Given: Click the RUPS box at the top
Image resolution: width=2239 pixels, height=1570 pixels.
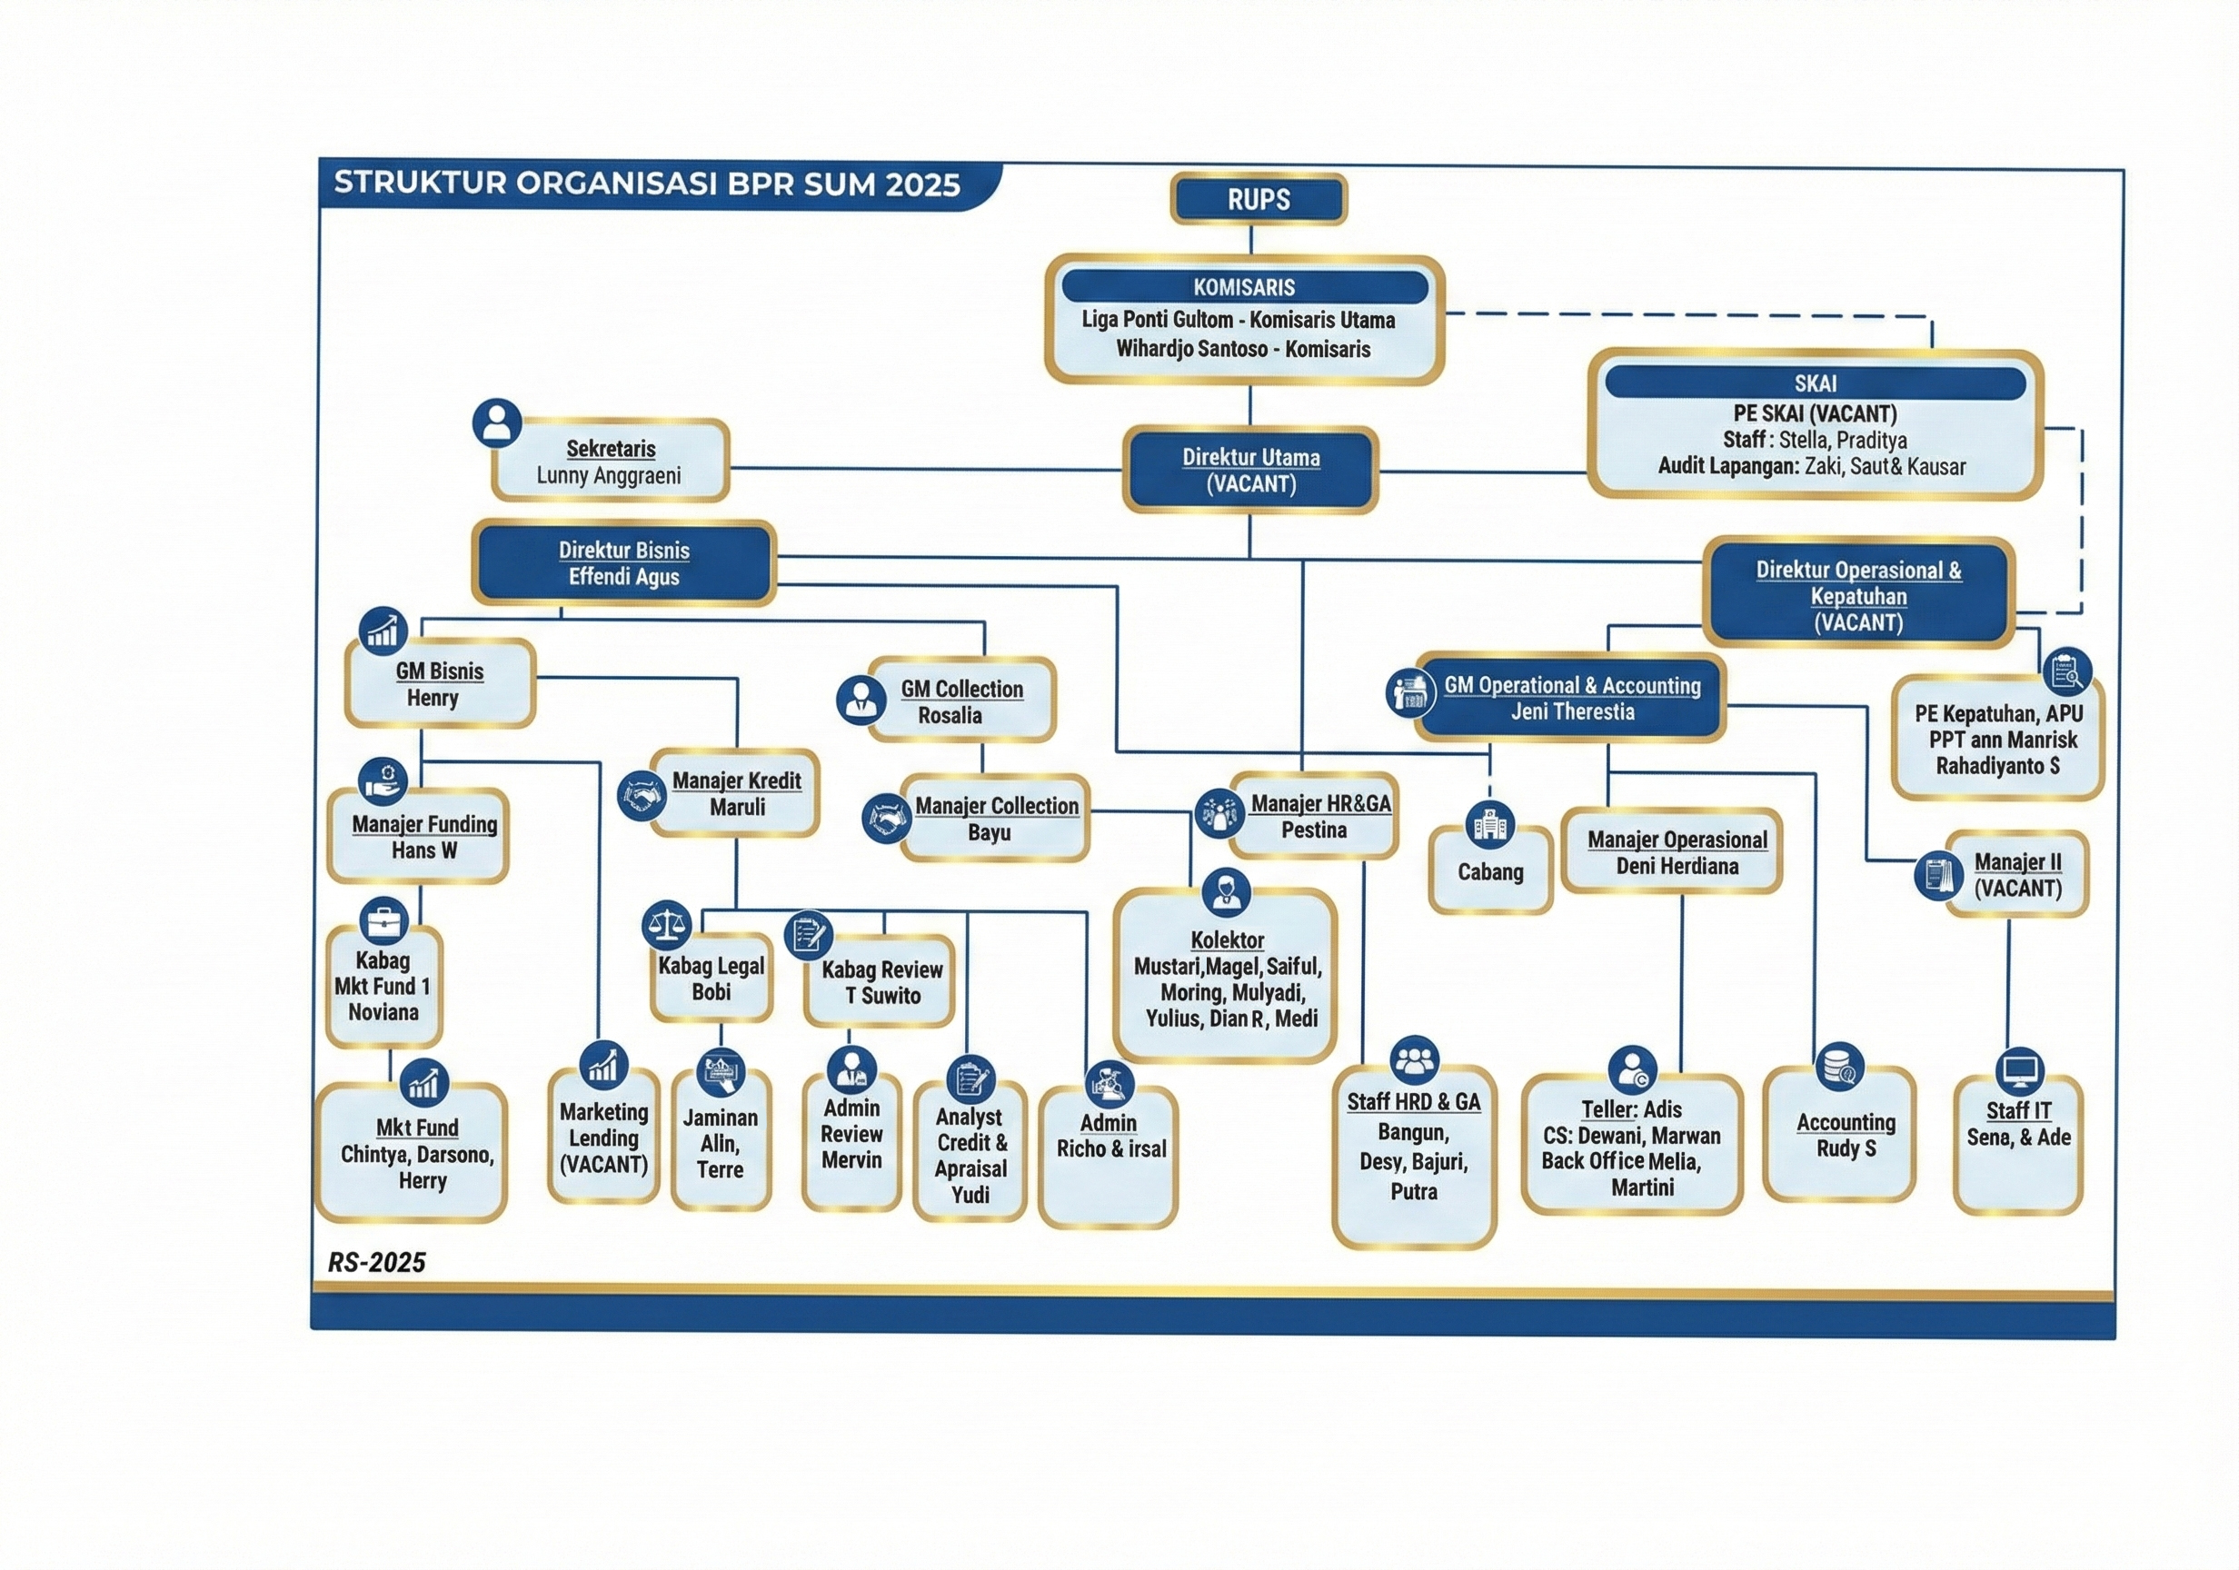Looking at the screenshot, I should pyautogui.click(x=1258, y=200).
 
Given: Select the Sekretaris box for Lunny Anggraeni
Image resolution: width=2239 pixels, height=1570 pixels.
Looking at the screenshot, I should pyautogui.click(x=612, y=462).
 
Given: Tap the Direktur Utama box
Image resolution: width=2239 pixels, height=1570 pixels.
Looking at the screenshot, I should pyautogui.click(x=1251, y=470).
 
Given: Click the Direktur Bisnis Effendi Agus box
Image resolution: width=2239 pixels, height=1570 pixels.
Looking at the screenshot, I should pyautogui.click(x=624, y=563).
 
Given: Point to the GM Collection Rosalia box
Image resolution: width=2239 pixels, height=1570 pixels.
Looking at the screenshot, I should pyautogui.click(x=961, y=701).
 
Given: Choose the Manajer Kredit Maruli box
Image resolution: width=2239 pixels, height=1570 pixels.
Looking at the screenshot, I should pyautogui.click(x=736, y=794).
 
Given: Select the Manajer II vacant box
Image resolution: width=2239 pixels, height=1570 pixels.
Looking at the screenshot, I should pyautogui.click(x=2016, y=875).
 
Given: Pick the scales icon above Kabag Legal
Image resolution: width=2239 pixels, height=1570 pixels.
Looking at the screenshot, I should pyautogui.click(x=667, y=923).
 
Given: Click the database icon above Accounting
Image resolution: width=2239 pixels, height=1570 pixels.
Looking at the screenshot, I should pyautogui.click(x=1840, y=1066).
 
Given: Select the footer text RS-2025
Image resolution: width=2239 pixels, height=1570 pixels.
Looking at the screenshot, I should pyautogui.click(x=376, y=1263).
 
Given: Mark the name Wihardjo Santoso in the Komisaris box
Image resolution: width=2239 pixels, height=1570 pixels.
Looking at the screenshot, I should pyautogui.click(x=1191, y=349).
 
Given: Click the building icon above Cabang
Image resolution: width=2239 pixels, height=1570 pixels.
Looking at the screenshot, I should pyautogui.click(x=1490, y=824).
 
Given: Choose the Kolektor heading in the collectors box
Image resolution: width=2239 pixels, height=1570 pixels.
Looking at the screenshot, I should pyautogui.click(x=1227, y=940).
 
